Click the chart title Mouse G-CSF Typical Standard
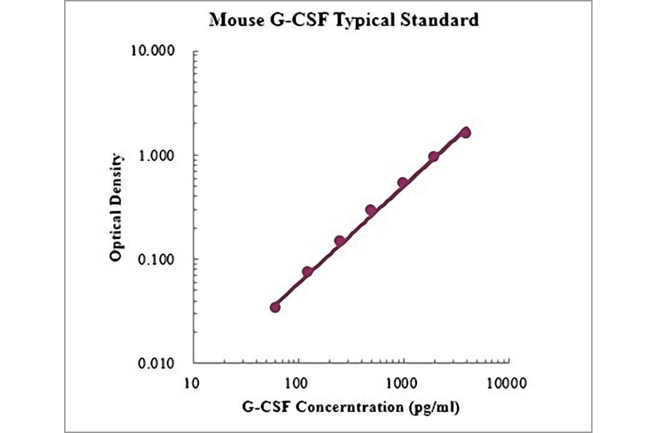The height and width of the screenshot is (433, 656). click(344, 20)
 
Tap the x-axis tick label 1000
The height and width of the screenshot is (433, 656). click(402, 382)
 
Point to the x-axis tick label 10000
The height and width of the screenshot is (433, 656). click(507, 382)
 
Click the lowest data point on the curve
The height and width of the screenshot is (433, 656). click(275, 307)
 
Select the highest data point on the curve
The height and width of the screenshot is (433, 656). click(466, 132)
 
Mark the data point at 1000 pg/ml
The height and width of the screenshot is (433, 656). click(402, 182)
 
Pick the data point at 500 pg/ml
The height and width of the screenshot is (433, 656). click(371, 210)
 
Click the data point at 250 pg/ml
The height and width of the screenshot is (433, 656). click(340, 241)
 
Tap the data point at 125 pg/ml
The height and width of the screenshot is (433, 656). click(308, 271)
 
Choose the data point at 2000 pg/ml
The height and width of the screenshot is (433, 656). click(434, 157)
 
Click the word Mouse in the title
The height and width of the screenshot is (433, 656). click(233, 20)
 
